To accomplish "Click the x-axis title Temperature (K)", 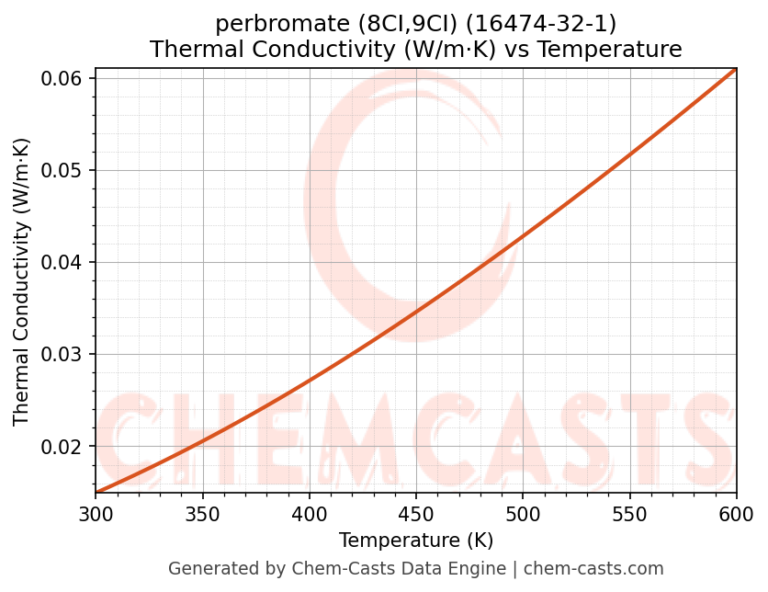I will click(x=416, y=540).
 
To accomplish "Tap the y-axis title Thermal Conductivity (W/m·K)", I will click(x=22, y=281).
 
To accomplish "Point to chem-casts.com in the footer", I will click(x=593, y=569).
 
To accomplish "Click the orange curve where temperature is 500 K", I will click(x=523, y=237).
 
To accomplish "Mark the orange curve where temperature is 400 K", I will click(x=310, y=379).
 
